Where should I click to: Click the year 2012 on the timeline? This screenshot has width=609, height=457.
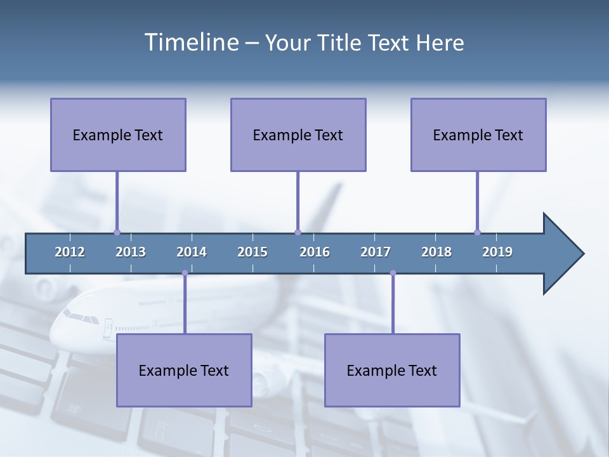[x=70, y=252]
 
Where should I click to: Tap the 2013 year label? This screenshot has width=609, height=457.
[x=131, y=252]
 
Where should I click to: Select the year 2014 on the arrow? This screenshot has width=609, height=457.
[x=192, y=252]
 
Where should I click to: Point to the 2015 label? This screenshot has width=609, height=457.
[x=252, y=252]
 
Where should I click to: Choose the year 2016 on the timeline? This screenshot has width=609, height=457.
[x=315, y=252]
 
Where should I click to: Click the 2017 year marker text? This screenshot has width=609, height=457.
[x=376, y=252]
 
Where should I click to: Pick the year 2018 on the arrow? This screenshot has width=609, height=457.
[x=436, y=252]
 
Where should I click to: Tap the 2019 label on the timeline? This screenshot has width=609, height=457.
[x=497, y=252]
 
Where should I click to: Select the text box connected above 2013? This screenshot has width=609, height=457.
[x=118, y=135]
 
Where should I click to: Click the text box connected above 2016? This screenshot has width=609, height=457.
[x=298, y=135]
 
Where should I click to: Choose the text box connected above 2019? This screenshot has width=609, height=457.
[x=478, y=135]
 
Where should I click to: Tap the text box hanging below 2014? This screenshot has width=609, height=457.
[x=184, y=370]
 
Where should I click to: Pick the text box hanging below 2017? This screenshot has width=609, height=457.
[x=392, y=370]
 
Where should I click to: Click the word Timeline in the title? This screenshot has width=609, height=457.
[x=191, y=43]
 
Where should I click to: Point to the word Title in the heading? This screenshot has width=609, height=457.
[x=343, y=43]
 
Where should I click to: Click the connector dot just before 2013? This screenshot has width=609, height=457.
[x=117, y=232]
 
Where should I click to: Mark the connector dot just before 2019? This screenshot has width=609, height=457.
[x=477, y=232]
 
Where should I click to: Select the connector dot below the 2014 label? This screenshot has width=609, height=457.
[x=185, y=273]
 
